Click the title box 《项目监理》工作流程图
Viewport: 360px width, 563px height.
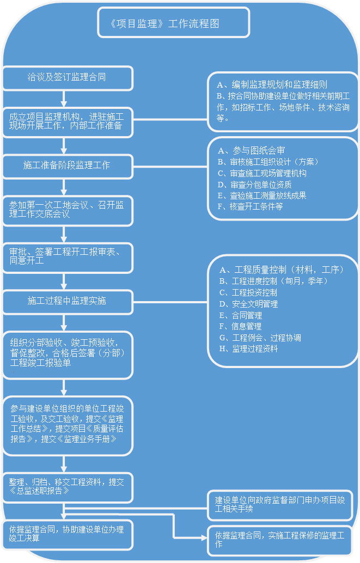coord(173,23)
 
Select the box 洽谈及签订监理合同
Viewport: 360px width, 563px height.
coord(68,78)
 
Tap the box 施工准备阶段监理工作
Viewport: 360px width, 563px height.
coord(68,166)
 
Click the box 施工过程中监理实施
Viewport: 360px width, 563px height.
coord(68,301)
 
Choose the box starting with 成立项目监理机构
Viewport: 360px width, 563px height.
coord(68,121)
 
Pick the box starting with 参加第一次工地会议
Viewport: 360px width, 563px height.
coord(68,210)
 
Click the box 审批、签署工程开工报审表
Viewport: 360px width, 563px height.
coord(68,257)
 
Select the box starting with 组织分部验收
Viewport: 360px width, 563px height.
coord(68,354)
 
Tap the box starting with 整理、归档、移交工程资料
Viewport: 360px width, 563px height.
coord(68,487)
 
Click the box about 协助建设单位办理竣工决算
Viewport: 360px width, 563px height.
coord(68,534)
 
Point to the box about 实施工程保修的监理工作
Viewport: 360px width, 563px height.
coord(280,540)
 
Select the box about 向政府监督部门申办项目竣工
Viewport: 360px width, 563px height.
coord(280,505)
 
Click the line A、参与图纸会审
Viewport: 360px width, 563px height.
coord(251,151)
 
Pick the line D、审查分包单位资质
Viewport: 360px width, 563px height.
coord(254,185)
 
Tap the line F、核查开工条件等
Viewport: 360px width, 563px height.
coord(250,207)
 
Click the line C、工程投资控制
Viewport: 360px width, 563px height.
coord(248,293)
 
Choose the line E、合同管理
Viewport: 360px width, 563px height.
coord(240,315)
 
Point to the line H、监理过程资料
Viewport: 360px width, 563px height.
coord(248,349)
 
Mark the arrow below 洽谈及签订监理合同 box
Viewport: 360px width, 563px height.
coord(64,98)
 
